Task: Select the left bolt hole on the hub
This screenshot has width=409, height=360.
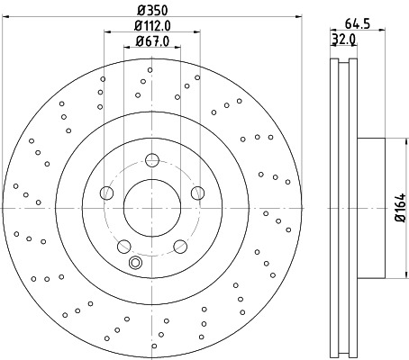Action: coord(107,193)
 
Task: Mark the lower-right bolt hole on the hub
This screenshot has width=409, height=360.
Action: coord(180,245)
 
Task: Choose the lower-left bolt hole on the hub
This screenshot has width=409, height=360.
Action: coord(124,245)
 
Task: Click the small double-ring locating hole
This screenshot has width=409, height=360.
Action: coord(136,263)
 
